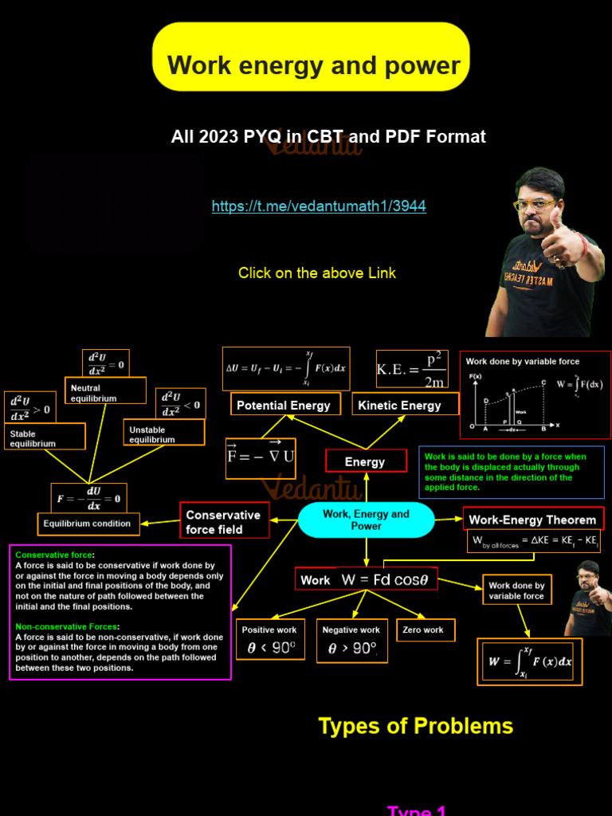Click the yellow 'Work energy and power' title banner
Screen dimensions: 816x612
point(311,57)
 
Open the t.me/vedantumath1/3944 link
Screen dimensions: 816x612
point(319,206)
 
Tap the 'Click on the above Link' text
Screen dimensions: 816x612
point(317,273)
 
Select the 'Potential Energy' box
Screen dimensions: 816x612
point(284,405)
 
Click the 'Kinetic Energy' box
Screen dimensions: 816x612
point(400,405)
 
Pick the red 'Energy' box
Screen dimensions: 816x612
point(365,461)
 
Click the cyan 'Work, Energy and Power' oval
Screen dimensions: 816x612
point(366,520)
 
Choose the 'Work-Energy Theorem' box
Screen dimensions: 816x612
point(532,520)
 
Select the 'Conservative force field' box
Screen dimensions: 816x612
point(224,522)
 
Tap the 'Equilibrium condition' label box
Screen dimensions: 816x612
point(88,524)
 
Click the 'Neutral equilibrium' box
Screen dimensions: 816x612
point(104,392)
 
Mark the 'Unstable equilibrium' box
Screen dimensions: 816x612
point(164,433)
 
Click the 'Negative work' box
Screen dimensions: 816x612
point(351,640)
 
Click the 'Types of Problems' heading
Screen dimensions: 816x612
point(416,726)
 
